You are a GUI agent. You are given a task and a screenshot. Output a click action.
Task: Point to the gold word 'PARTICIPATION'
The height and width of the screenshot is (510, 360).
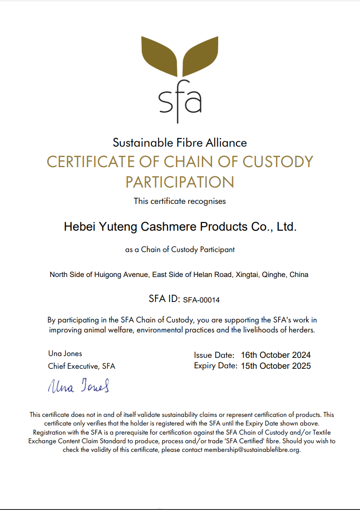(x=180, y=182)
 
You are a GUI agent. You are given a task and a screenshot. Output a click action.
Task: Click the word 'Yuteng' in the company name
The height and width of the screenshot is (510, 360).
(x=115, y=227)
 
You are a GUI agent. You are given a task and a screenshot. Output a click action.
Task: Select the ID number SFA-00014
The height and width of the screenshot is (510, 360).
(x=201, y=300)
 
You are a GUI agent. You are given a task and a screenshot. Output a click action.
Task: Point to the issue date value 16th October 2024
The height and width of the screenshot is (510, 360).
(x=276, y=355)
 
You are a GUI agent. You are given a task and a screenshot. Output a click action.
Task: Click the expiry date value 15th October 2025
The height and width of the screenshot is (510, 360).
(x=276, y=366)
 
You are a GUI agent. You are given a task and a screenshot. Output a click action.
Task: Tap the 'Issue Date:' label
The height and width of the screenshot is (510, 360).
(x=214, y=355)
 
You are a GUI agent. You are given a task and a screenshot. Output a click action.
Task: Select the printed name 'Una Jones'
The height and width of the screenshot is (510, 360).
(x=65, y=353)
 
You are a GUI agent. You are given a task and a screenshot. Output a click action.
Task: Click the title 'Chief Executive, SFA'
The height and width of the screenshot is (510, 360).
(x=81, y=366)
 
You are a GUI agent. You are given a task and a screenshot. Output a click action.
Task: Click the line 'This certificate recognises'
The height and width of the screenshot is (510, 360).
(x=180, y=201)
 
